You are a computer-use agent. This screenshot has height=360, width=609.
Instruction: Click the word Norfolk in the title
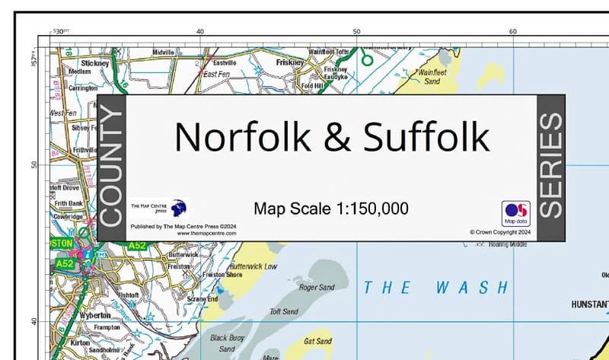click(x=242, y=137)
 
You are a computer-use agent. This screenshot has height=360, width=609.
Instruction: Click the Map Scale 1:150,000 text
click(x=331, y=209)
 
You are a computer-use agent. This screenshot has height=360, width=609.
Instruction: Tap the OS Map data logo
click(x=515, y=213)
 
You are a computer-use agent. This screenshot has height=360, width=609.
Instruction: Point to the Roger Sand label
click(x=317, y=288)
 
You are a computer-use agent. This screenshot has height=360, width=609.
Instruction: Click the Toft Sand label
click(x=284, y=311)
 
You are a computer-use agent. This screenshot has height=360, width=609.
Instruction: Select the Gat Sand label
click(x=318, y=342)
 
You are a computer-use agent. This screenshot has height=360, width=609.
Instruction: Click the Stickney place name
click(x=95, y=63)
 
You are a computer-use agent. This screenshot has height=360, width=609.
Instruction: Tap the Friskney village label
click(x=290, y=62)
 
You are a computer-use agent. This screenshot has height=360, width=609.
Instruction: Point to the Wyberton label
click(x=95, y=314)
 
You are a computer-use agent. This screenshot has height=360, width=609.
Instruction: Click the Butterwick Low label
click(x=253, y=267)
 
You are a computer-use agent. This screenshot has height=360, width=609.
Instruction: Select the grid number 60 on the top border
click(x=513, y=31)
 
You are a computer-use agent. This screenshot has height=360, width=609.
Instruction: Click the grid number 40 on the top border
click(x=200, y=31)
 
